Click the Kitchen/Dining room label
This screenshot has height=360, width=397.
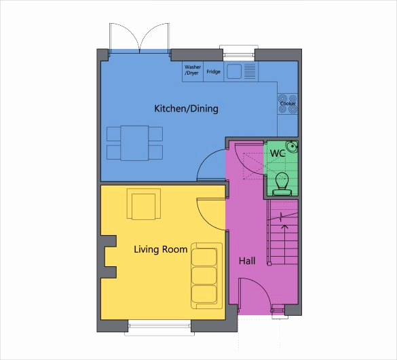(186, 109)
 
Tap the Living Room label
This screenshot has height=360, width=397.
(160, 249)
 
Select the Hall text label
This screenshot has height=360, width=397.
(248, 260)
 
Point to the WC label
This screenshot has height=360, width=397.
(278, 154)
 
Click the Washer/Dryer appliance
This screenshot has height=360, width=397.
(193, 71)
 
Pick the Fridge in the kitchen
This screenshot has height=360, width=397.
(214, 71)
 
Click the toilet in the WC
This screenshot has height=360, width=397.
(282, 183)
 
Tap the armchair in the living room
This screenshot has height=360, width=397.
(145, 204)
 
